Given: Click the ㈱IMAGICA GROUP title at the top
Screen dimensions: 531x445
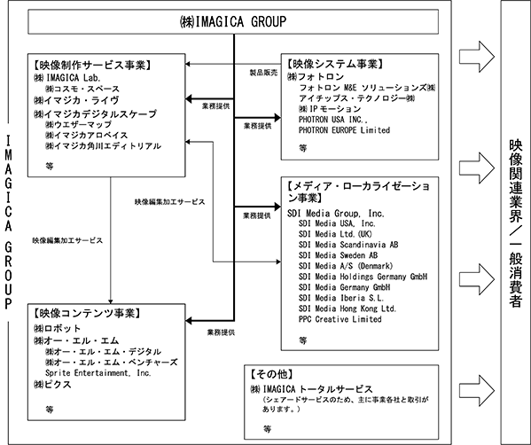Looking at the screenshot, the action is point(233,21).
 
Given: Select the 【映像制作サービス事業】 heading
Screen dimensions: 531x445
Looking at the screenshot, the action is point(92,65).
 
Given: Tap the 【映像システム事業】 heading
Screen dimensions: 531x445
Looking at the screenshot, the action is point(335,64).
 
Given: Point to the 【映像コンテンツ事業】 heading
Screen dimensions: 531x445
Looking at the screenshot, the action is point(87,313).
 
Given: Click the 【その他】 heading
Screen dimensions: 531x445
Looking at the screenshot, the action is point(271,374).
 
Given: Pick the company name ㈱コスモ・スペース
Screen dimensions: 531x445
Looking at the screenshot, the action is point(82,89).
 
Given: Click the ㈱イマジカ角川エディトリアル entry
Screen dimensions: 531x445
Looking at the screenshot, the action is point(103,146).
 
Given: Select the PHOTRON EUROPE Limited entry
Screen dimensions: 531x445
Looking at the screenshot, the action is point(344,130).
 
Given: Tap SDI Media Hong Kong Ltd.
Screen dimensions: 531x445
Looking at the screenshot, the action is point(347,308).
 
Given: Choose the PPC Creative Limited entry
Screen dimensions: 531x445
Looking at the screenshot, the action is point(340,319).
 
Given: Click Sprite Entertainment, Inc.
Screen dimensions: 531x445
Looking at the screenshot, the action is point(98,373).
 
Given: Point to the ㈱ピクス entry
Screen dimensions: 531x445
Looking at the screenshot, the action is point(52,385).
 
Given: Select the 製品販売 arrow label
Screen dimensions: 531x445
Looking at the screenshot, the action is point(263,73).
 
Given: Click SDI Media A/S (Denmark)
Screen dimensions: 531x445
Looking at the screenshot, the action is point(346,266).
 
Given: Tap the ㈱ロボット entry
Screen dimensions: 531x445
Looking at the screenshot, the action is point(58,329).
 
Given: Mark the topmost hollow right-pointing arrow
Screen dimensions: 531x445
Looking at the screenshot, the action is point(477,57).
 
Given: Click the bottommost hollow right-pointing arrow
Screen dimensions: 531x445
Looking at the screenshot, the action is point(477,390).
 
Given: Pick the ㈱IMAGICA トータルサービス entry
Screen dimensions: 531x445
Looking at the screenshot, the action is point(311,389).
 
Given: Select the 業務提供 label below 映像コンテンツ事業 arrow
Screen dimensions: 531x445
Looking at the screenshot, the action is point(221,332).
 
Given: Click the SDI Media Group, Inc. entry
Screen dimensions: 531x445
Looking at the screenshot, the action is point(336,214).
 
